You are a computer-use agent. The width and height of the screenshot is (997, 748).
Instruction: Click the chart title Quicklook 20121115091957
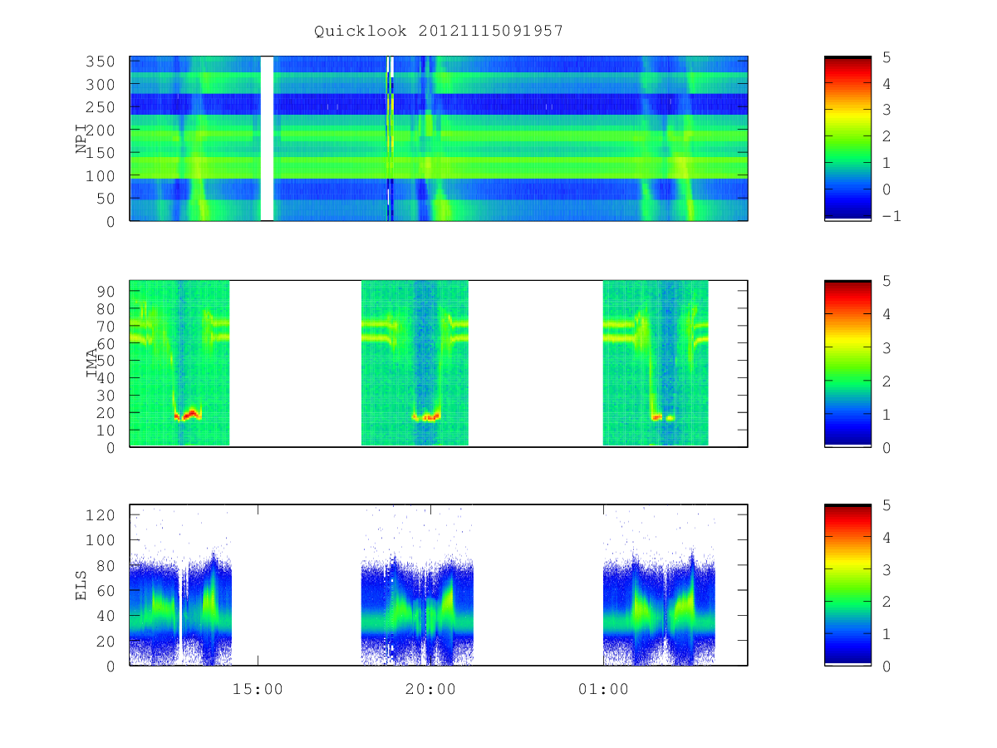tap(439, 31)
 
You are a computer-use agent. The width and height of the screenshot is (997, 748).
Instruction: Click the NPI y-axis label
tap(81, 139)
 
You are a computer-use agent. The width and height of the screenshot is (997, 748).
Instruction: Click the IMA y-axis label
tap(91, 362)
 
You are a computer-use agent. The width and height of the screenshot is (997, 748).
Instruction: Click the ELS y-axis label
tap(81, 585)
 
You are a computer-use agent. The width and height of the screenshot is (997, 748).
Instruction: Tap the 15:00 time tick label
tap(258, 689)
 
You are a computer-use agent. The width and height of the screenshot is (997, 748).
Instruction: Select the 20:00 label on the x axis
tap(430, 689)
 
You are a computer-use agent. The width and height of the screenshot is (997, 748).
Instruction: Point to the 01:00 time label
tap(603, 689)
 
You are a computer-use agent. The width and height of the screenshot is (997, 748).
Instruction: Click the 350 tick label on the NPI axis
tap(100, 62)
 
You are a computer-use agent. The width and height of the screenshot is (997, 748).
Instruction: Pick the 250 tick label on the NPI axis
tap(100, 107)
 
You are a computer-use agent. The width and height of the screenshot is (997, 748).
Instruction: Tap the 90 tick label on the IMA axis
tap(106, 291)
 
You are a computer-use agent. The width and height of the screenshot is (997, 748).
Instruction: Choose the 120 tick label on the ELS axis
tap(100, 515)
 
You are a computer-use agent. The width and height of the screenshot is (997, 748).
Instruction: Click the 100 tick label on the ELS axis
tap(100, 540)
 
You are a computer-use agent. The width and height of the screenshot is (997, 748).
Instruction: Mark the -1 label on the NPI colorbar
tap(891, 216)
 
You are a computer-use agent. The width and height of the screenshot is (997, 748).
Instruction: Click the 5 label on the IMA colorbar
tap(886, 281)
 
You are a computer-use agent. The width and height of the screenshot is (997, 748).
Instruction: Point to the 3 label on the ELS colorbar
tap(886, 569)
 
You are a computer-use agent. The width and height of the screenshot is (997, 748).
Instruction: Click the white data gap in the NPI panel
tap(267, 139)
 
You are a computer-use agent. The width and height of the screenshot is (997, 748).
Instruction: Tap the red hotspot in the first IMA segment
tap(188, 415)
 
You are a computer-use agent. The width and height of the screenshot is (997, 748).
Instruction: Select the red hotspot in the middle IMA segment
tap(426, 416)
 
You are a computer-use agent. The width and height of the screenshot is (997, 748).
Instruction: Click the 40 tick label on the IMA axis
tap(106, 378)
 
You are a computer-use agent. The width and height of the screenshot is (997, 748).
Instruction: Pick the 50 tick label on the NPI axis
tap(106, 199)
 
